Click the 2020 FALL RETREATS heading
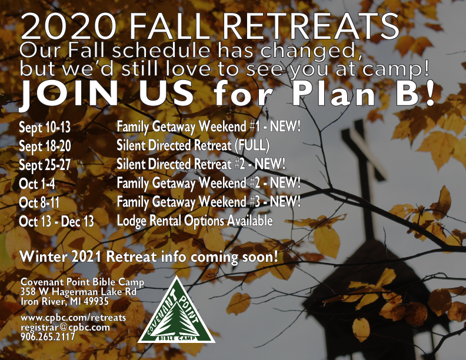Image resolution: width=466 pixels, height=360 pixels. point(210,26)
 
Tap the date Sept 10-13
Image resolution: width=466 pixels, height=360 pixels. point(45,128)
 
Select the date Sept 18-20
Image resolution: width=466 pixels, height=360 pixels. point(45,146)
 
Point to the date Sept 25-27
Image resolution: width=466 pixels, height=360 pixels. point(45,165)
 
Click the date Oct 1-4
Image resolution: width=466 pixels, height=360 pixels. point(37,184)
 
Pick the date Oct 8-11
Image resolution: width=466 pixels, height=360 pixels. point(39,203)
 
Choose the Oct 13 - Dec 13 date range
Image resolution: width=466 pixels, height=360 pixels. point(56,222)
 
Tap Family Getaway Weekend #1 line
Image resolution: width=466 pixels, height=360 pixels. point(209,127)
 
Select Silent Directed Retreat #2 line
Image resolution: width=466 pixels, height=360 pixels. point(201,164)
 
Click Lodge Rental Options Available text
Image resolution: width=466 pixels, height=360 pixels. point(195,221)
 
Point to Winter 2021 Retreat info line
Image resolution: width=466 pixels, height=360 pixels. point(149,256)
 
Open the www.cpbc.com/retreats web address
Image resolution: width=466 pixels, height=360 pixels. point(74,318)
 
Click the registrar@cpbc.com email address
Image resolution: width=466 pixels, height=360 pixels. point(65,327)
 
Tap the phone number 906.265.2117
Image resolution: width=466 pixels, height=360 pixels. point(48,336)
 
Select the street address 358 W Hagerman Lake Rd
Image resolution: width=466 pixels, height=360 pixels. point(78,292)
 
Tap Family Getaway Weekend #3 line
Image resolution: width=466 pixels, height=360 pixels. point(209,202)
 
